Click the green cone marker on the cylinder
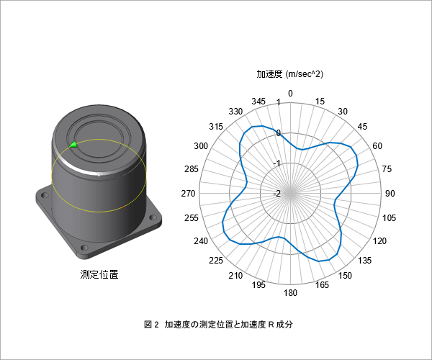(73, 144)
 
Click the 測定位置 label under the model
(99, 274)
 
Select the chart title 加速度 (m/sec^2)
(289, 74)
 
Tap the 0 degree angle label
(290, 94)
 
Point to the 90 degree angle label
(390, 194)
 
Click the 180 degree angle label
(290, 293)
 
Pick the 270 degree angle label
(188, 194)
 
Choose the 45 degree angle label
(362, 127)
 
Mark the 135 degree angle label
(364, 261)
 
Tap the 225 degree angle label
(216, 261)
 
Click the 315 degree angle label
(216, 127)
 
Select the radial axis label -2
(276, 194)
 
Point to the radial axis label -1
(276, 163)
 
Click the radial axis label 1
(278, 102)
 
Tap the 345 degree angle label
(258, 102)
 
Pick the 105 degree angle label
(389, 218)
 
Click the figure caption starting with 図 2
(218, 325)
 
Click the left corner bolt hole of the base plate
(45, 196)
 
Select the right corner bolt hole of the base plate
(153, 218)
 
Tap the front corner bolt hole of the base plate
(84, 248)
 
